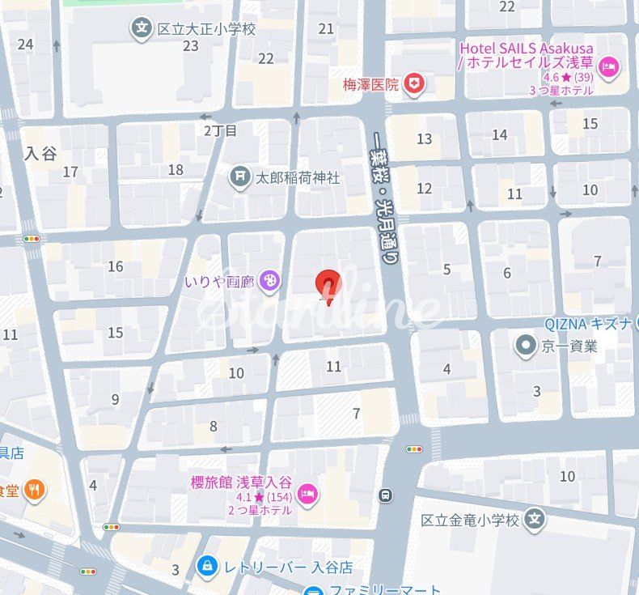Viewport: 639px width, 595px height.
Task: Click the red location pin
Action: coord(327,284)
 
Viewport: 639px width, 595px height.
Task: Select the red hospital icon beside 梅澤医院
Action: coord(415,83)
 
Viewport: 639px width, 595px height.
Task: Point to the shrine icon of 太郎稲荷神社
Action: coord(239,176)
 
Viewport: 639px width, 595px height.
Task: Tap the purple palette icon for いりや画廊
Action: coord(269,282)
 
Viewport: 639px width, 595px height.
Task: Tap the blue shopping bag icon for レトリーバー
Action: coord(208,565)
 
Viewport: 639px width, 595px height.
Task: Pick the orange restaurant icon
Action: coord(34,489)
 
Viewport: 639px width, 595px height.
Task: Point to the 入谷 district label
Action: coord(40,153)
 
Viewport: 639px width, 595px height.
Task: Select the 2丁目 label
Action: coord(220,130)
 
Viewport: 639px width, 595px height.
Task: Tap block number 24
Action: coord(25,44)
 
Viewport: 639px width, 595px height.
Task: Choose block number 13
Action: coord(424,138)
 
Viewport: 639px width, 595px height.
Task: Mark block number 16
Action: coord(116,266)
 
